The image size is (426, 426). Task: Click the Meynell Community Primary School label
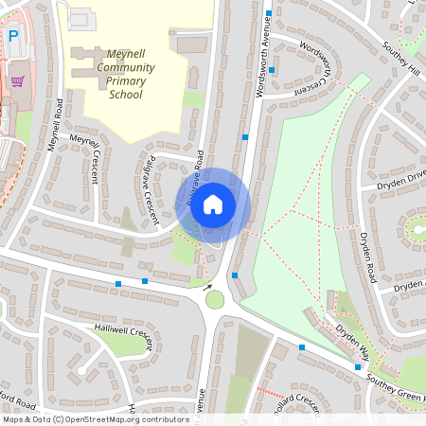coord(126,75)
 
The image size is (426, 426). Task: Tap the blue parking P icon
coord(13,36)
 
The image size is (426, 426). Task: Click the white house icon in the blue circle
coord(213,204)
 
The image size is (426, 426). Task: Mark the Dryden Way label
coord(350,346)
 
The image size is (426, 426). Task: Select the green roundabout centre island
coord(215,300)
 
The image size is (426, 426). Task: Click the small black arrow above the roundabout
coord(207,283)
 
